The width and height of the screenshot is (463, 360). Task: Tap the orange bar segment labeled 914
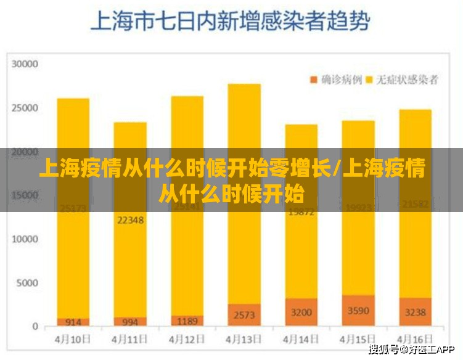click(x=73, y=322)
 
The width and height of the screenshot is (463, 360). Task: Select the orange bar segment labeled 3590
click(x=358, y=311)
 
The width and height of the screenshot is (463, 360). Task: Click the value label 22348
click(x=130, y=219)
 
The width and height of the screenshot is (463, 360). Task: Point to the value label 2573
click(x=244, y=315)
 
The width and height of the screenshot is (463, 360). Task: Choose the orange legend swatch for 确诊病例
click(x=313, y=80)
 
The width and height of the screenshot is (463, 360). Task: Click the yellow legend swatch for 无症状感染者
click(x=370, y=80)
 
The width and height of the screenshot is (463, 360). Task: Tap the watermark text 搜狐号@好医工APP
click(x=412, y=350)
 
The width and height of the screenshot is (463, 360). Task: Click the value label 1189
click(x=187, y=321)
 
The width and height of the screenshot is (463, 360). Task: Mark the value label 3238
click(x=415, y=312)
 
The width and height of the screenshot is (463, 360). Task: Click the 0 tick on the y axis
click(x=36, y=327)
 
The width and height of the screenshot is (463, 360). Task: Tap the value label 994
click(x=130, y=321)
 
